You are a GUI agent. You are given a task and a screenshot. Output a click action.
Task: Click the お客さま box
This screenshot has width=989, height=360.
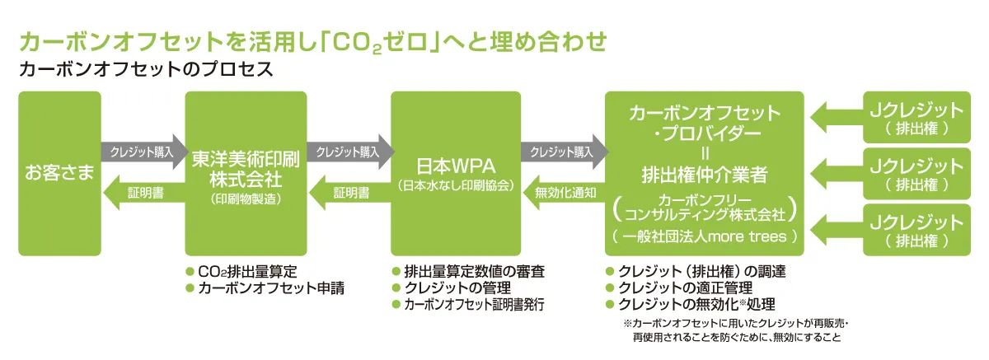[x=59, y=174]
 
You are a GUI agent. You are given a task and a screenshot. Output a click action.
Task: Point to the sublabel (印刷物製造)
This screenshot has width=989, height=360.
[x=246, y=199]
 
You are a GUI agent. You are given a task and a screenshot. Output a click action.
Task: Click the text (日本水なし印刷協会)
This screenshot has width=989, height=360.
[x=455, y=184]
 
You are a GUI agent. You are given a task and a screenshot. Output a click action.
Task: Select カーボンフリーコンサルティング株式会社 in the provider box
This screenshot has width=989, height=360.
[x=704, y=208]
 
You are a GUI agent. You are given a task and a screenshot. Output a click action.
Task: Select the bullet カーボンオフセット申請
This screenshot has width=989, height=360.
[x=270, y=288]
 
